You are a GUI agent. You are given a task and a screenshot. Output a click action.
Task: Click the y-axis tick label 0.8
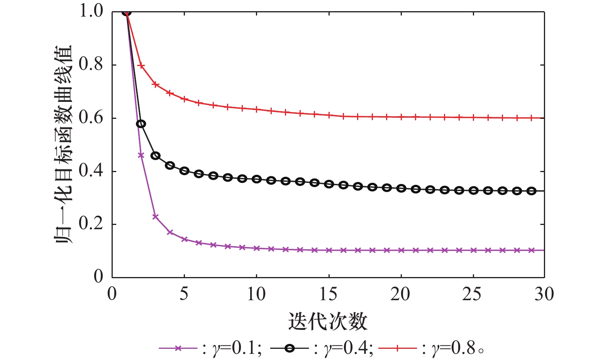tap(91, 64)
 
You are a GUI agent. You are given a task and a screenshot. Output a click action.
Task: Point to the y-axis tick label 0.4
tap(91, 171)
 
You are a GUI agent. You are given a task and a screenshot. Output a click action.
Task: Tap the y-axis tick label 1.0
tap(91, 11)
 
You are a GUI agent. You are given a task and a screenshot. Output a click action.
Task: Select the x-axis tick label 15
tap(329, 294)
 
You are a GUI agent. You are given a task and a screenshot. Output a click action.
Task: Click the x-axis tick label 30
tap(544, 294)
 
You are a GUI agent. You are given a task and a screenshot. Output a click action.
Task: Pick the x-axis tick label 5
tap(184, 294)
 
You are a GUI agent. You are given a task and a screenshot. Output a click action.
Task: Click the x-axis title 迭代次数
tap(328, 321)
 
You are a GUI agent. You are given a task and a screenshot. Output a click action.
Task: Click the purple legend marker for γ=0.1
tap(178, 348)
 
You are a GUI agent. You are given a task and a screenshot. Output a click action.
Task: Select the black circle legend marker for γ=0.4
tap(290, 348)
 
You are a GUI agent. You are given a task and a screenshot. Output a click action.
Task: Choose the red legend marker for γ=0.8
tap(398, 348)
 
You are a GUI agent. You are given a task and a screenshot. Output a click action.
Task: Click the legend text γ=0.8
tap(454, 348)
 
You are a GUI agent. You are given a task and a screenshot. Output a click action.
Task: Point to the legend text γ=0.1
tap(236, 348)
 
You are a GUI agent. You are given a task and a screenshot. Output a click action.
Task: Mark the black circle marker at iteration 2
tap(141, 124)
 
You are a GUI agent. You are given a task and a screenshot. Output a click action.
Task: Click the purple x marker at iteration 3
tap(156, 216)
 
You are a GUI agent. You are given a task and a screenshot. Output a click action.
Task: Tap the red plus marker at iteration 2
tap(141, 66)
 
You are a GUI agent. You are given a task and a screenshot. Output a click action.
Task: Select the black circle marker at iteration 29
tap(531, 191)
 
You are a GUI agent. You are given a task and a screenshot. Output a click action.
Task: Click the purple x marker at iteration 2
tap(141, 155)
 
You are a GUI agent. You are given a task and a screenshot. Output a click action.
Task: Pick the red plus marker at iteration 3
tap(156, 84)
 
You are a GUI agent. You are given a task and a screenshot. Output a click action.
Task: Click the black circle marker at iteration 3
tap(156, 155)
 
